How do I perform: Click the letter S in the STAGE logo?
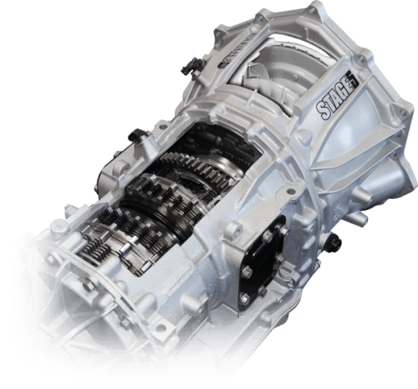[323, 110]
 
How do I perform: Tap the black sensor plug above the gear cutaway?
[136, 136]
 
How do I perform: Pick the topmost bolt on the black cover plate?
[283, 230]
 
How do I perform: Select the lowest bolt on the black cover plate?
[244, 299]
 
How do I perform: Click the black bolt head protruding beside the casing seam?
[334, 242]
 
